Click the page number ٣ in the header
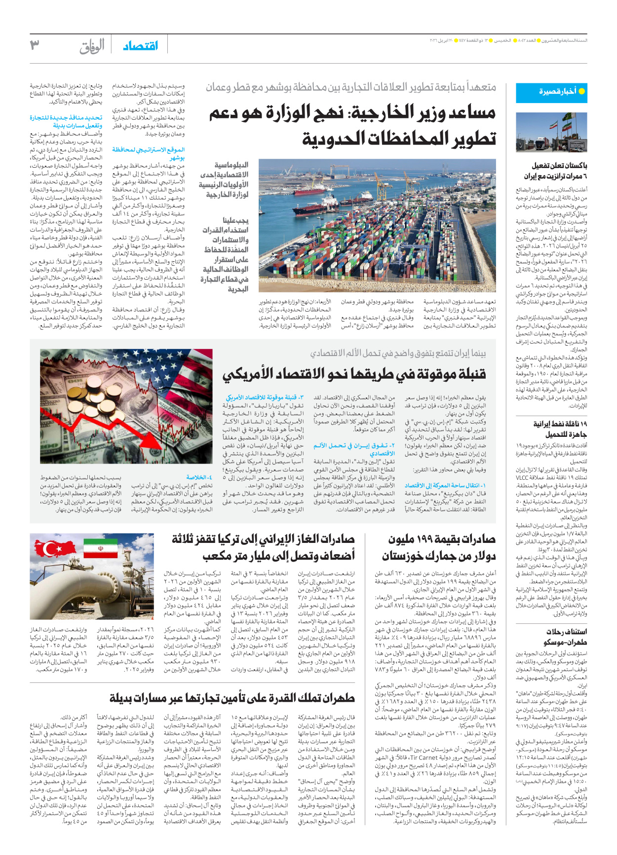pyautogui.click(x=35, y=45)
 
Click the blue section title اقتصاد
pyautogui.click(x=141, y=46)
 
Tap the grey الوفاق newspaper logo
pyautogui.click(x=92, y=46)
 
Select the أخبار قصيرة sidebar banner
pyautogui.click(x=551, y=92)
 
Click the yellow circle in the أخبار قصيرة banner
pyautogui.click(x=581, y=91)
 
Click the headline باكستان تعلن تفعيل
pyautogui.click(x=559, y=166)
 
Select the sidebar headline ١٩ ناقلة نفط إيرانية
pyautogui.click(x=560, y=424)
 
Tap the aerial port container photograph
pyautogui.click(x=378, y=225)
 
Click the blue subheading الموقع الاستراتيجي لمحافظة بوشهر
pyautogui.click(x=148, y=153)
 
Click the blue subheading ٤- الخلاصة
pyautogui.click(x=199, y=477)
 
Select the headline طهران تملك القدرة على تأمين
pyautogui.click(x=232, y=698)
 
